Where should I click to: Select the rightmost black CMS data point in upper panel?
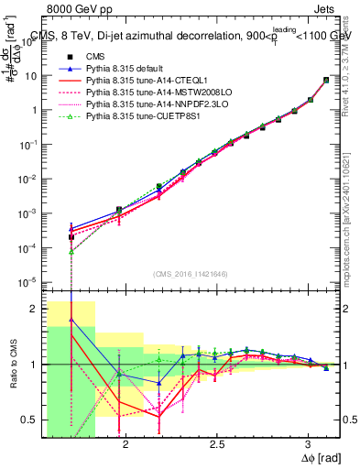(x=326, y=81)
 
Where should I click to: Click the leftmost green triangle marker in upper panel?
(x=71, y=251)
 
